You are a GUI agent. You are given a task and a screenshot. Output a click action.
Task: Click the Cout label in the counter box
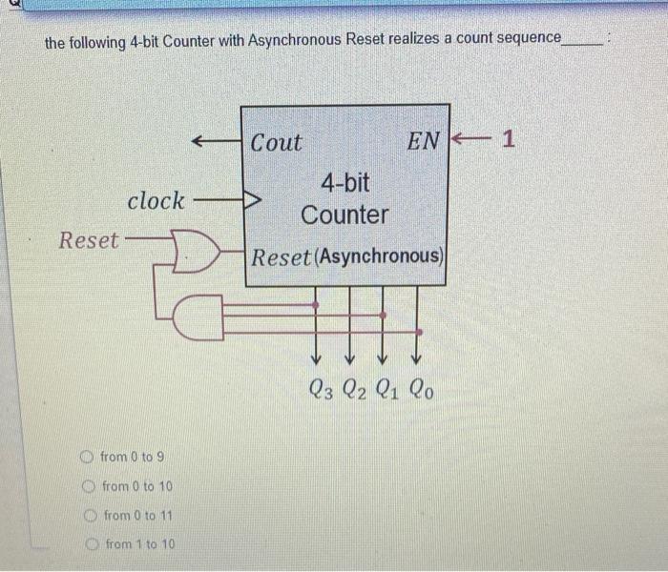click(276, 143)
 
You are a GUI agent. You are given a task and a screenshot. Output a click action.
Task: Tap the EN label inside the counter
click(423, 142)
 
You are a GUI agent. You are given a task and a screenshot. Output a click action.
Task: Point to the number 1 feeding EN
click(508, 140)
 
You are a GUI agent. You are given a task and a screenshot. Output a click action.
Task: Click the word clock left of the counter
click(156, 201)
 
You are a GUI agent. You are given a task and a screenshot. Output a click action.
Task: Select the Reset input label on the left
click(89, 240)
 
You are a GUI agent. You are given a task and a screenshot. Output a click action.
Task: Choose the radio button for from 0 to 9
click(87, 457)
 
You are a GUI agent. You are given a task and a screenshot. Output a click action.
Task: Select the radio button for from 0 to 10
click(89, 486)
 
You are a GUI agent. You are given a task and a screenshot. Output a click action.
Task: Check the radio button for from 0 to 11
click(90, 516)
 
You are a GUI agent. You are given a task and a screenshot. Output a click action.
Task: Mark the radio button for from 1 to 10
click(93, 544)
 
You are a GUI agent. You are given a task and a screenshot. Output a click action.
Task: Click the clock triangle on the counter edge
click(254, 201)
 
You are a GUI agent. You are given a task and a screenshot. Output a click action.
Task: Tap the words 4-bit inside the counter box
click(344, 182)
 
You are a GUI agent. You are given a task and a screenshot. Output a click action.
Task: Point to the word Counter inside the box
click(344, 214)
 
